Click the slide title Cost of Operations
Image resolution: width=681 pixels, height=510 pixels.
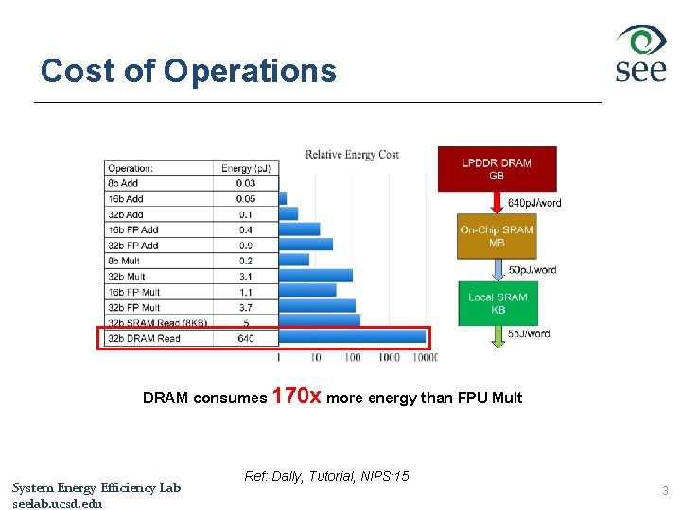point(188,71)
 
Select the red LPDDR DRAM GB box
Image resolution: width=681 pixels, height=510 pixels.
point(497,169)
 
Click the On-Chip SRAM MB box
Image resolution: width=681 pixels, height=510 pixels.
point(497,236)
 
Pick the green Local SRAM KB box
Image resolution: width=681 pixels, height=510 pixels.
point(498,303)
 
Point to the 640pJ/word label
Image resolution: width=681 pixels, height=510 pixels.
point(534,203)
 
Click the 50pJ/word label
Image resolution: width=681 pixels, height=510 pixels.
point(533,270)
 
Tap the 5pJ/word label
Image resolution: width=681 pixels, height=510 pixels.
point(529,333)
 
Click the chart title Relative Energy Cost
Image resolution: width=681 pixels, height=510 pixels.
point(352,155)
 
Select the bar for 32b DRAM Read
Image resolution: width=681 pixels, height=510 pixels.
point(352,337)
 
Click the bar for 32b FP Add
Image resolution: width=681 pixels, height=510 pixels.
point(306,245)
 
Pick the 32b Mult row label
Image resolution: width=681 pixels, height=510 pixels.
point(127,277)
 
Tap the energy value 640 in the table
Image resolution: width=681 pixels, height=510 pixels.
point(246,338)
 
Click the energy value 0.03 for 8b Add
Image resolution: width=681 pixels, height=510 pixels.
point(246,183)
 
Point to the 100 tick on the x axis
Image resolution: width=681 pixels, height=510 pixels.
point(353,357)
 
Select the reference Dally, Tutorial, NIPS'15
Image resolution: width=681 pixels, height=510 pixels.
point(326,476)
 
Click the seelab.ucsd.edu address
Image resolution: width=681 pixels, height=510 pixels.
point(58,503)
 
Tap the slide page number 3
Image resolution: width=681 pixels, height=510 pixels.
point(665,491)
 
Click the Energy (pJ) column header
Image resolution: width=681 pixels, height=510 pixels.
point(246,169)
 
